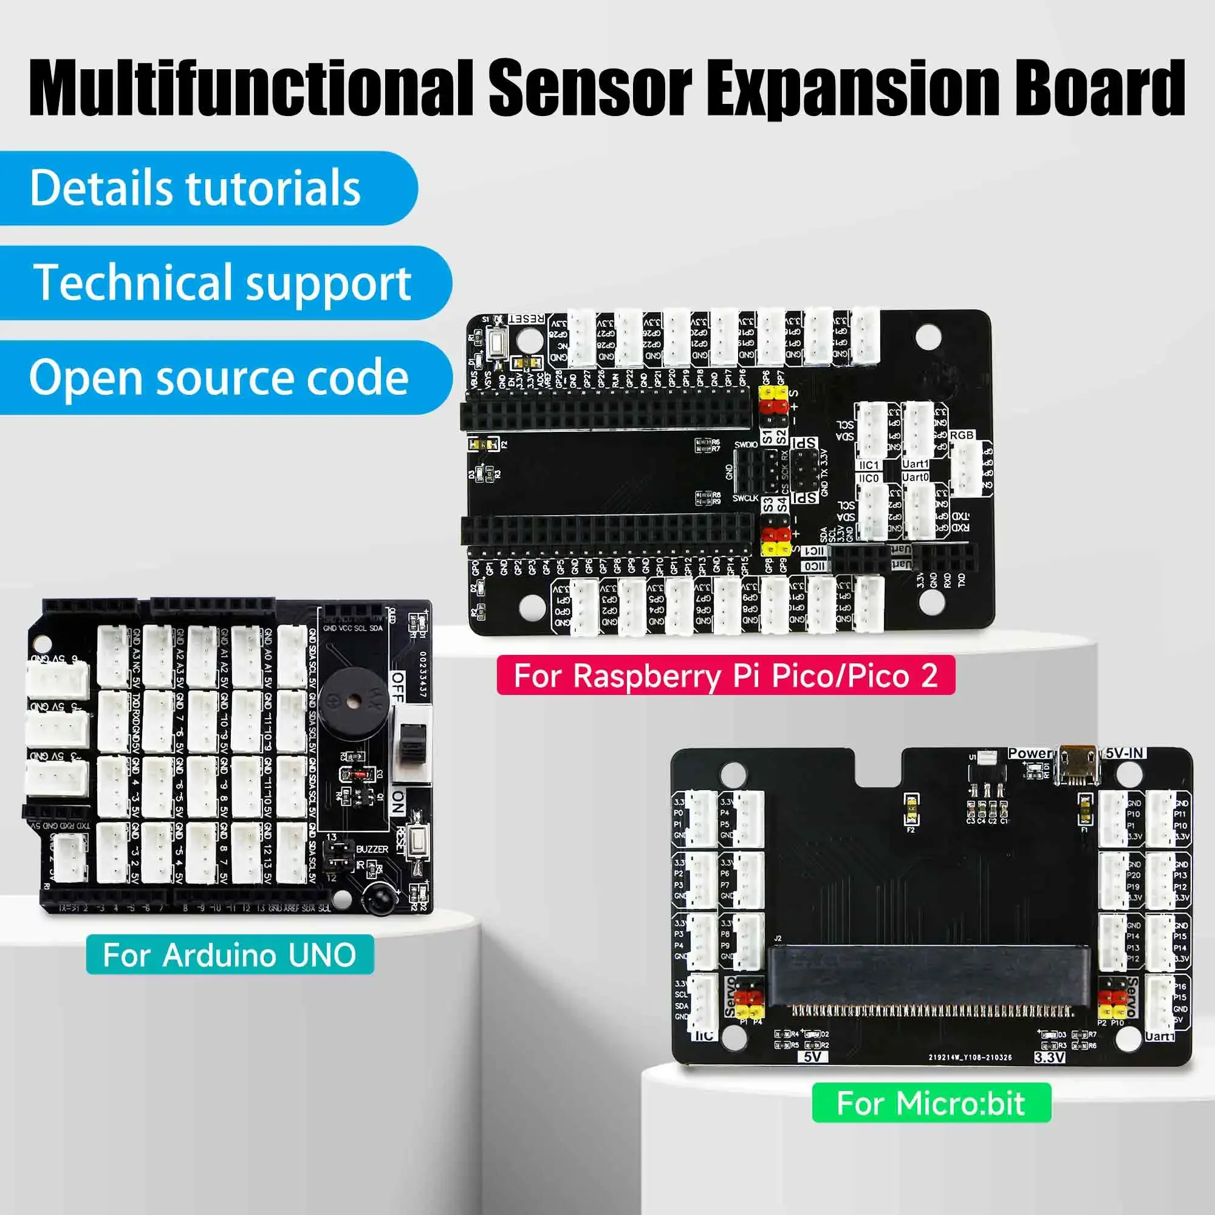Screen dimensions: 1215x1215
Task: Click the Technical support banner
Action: [x=222, y=282]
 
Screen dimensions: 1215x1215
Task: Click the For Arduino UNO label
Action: [x=230, y=954]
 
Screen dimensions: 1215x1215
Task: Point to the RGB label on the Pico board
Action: [x=962, y=435]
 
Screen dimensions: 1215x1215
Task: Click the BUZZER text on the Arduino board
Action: [x=372, y=849]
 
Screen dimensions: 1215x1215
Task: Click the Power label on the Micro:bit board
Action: [x=1030, y=753]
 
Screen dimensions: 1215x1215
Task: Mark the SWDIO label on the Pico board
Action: [x=746, y=445]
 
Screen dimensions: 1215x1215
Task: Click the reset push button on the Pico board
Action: [x=498, y=344]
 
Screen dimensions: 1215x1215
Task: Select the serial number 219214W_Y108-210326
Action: [x=970, y=1057]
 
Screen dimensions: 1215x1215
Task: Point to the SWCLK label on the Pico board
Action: [x=746, y=498]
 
